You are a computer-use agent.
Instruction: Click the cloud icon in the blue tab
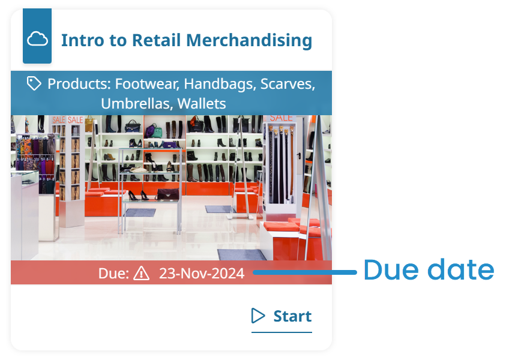37,39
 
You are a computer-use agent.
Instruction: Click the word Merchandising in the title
249,40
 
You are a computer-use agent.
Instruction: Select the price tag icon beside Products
34,83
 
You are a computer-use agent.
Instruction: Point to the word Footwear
147,84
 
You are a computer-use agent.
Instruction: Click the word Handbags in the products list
220,84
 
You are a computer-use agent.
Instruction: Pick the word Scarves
288,84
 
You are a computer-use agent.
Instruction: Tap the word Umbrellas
137,103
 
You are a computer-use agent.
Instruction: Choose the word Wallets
202,103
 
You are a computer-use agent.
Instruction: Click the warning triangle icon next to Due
141,273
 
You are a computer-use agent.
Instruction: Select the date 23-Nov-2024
202,274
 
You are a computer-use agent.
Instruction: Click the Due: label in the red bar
113,274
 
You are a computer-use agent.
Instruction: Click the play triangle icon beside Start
257,316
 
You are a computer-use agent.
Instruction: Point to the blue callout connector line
304,272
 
